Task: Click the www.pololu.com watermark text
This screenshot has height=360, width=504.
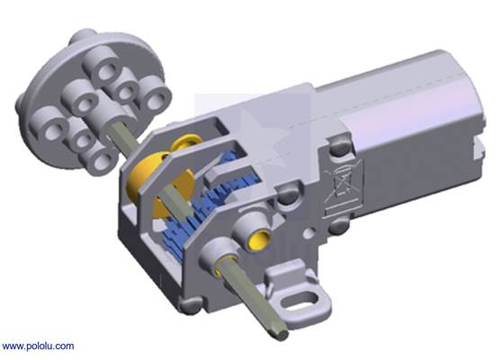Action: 38,346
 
